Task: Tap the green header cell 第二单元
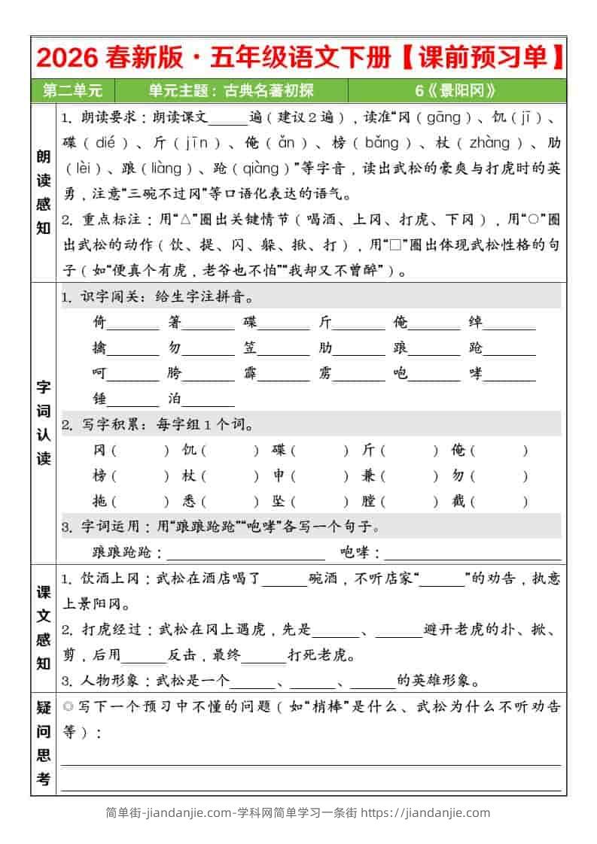pyautogui.click(x=72, y=91)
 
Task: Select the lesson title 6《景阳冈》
pyautogui.click(x=455, y=91)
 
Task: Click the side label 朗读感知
pyautogui.click(x=44, y=192)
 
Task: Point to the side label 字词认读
pyautogui.click(x=44, y=423)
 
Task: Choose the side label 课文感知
pyautogui.click(x=44, y=627)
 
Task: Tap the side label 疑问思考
pyautogui.click(x=44, y=743)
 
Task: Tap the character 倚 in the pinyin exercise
pyautogui.click(x=99, y=323)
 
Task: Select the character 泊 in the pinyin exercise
pyautogui.click(x=175, y=399)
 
